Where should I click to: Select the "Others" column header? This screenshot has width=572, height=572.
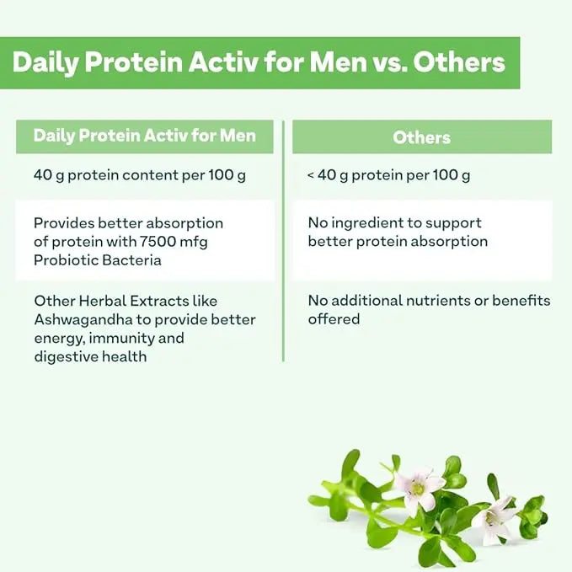pos(421,137)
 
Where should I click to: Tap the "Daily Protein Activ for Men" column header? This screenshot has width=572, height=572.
pos(144,136)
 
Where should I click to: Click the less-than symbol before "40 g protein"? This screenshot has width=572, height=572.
pos(311,176)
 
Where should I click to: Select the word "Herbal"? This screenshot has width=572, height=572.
pos(96,301)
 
